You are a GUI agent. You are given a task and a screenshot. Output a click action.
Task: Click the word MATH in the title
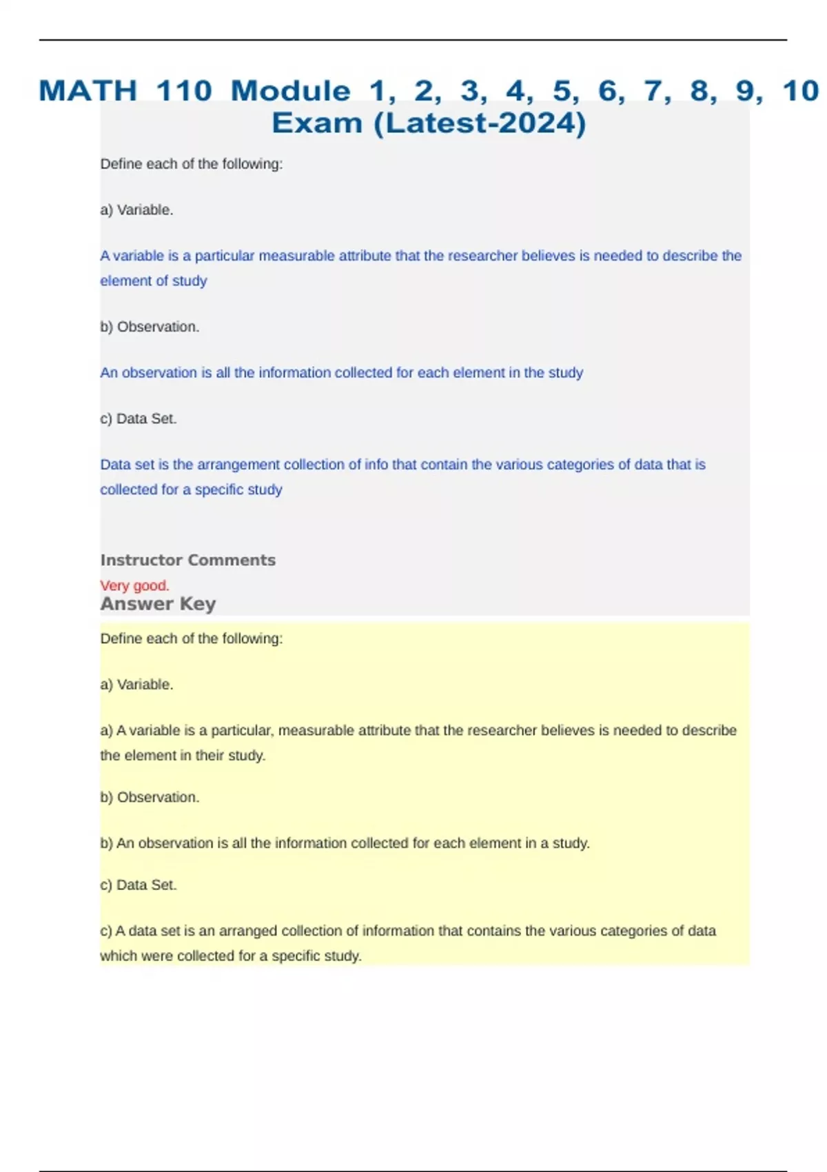[x=88, y=91]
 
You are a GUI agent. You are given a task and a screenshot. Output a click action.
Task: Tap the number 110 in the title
[x=184, y=91]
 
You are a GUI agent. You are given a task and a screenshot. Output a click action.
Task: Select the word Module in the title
[x=290, y=91]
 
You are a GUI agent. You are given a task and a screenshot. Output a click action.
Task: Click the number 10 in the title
[x=800, y=91]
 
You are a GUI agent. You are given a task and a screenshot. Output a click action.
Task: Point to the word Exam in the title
[x=317, y=123]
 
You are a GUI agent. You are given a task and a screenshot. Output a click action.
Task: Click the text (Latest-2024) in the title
[x=480, y=123]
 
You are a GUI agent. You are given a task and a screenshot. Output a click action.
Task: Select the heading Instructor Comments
[x=187, y=560]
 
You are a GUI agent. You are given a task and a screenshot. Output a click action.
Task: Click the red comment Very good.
[x=134, y=585]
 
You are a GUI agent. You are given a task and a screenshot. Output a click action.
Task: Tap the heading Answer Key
[x=158, y=604]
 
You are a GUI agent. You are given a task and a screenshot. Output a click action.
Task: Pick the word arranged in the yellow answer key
[x=245, y=931]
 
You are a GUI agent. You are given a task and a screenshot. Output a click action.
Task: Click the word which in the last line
[x=119, y=956]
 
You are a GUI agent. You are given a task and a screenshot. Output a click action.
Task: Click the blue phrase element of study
[x=153, y=281]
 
